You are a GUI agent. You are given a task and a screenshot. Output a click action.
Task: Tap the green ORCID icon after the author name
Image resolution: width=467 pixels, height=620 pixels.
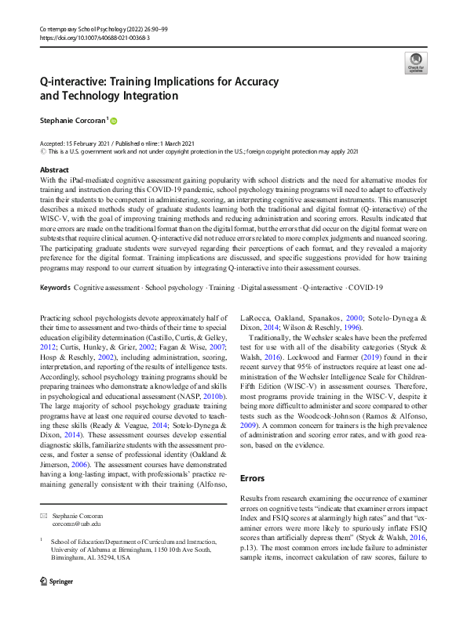pos(113,121)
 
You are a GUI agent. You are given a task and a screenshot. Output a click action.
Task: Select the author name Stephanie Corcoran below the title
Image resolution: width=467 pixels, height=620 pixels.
pos(73,121)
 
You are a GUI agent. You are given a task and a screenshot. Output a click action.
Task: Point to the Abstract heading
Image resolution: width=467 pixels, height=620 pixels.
pos(54,169)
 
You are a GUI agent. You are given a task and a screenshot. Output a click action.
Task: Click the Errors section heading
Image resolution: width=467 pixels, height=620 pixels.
pos(252,477)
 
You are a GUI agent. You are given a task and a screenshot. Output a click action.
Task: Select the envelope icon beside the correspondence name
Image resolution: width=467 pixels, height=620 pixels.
pos(44,516)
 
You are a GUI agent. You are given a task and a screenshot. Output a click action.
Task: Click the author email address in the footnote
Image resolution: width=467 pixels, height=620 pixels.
pos(70,524)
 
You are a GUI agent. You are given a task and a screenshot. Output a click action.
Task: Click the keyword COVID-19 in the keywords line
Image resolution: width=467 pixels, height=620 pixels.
pos(366,266)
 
